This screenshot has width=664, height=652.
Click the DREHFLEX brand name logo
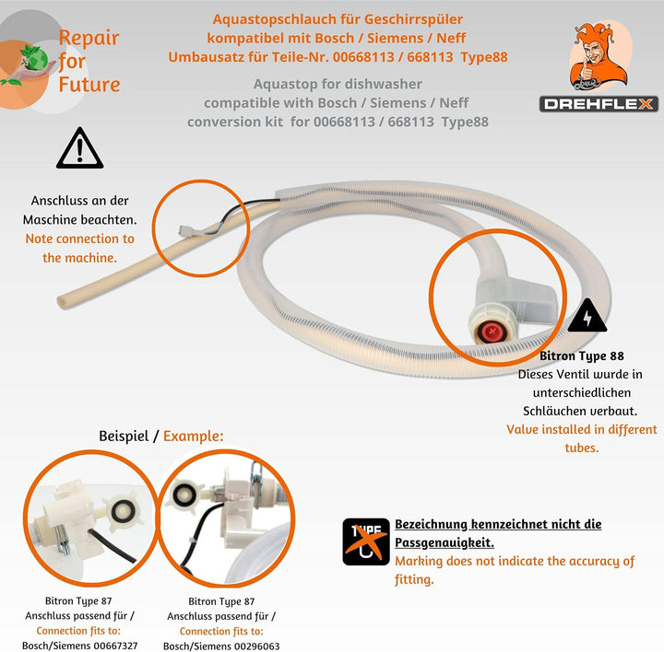click(x=599, y=104)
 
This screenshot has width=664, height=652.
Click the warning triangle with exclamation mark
click(x=79, y=148)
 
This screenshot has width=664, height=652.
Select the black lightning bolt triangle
click(x=587, y=316)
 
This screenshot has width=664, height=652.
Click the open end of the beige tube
click(x=63, y=302)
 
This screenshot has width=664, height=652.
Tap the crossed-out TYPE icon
click(x=366, y=541)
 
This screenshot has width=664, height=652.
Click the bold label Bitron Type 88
click(x=581, y=356)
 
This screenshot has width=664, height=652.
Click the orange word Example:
click(x=193, y=436)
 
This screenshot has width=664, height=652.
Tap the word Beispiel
click(x=124, y=436)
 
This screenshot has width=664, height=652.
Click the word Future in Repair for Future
click(x=89, y=84)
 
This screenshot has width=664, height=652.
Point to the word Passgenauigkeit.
click(x=445, y=542)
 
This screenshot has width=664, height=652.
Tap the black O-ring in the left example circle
click(x=123, y=511)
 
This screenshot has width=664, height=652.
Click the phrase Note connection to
click(x=79, y=239)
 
